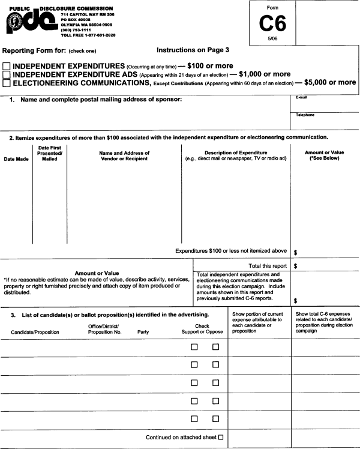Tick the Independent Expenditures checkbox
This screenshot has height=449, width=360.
(x=7, y=66)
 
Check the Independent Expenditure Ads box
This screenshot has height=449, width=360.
(x=7, y=74)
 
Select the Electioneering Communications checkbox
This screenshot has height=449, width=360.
(x=7, y=83)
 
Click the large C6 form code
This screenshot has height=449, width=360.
(x=272, y=23)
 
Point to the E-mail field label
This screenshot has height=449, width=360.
(x=301, y=97)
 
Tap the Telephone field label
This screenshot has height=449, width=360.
(x=305, y=115)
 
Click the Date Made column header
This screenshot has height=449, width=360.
(x=16, y=159)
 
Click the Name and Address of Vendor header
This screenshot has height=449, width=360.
(x=124, y=155)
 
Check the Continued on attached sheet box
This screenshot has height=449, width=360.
(x=221, y=438)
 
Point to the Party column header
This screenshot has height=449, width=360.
(x=143, y=331)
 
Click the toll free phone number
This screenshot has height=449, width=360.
(x=88, y=35)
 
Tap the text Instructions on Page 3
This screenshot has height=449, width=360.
(x=193, y=50)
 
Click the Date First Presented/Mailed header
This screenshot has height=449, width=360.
(x=50, y=153)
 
